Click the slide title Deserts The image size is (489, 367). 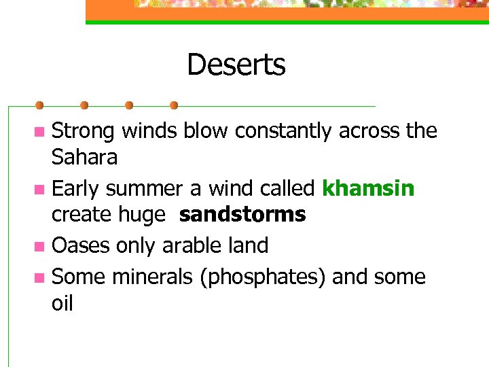click(236, 65)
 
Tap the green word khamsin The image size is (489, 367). click(367, 188)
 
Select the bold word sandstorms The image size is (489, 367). click(242, 215)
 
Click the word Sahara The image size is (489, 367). click(85, 158)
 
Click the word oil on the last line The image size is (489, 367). click(62, 303)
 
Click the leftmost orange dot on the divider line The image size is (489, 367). click(39, 105)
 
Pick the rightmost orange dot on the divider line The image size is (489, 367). click(174, 105)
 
